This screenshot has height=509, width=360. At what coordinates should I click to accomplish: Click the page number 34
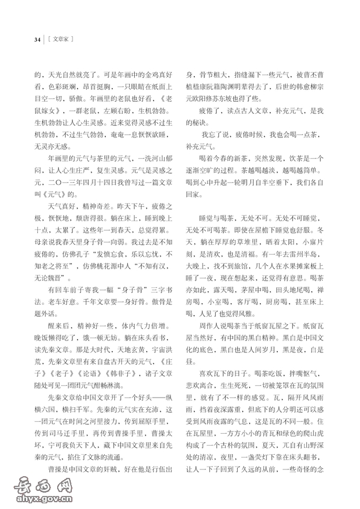tap(37, 40)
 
